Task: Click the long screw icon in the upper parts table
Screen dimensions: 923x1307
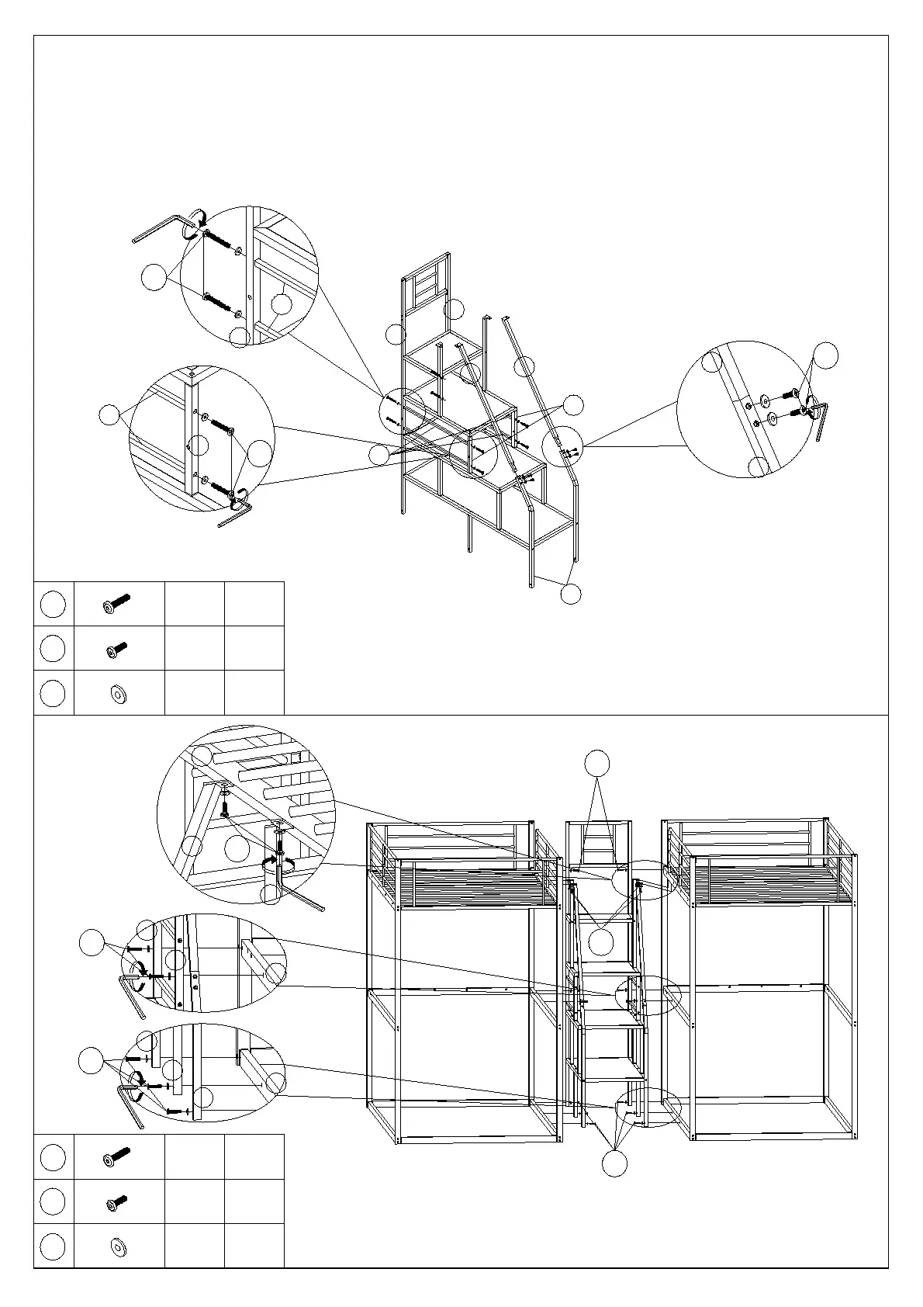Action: pyautogui.click(x=116, y=604)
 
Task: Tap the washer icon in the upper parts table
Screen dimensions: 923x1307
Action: pyautogui.click(x=119, y=693)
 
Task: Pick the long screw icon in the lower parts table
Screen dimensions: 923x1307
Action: pyautogui.click(x=116, y=1157)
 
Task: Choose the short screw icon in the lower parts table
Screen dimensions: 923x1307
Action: pyautogui.click(x=116, y=1202)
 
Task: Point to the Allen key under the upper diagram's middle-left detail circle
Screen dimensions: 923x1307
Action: pyautogui.click(x=233, y=515)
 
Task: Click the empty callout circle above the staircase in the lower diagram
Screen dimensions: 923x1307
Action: pyautogui.click(x=596, y=764)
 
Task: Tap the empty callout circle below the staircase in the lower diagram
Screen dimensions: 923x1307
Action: pyautogui.click(x=615, y=1163)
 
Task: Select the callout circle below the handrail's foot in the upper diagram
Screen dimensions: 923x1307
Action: pyautogui.click(x=570, y=594)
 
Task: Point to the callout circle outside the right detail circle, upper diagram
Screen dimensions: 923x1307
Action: pyautogui.click(x=826, y=355)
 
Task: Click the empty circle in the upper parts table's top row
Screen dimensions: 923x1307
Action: pyautogui.click(x=52, y=604)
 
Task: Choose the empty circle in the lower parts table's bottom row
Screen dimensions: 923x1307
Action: pyautogui.click(x=52, y=1247)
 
